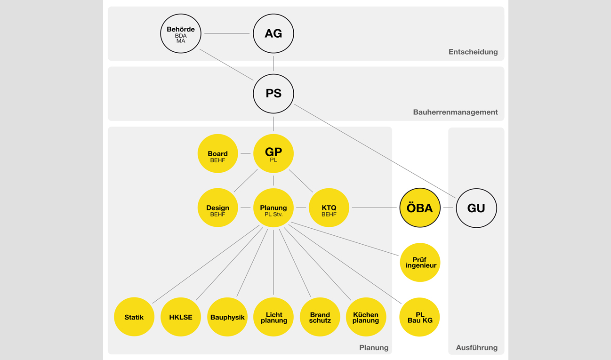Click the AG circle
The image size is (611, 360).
pyautogui.click(x=273, y=33)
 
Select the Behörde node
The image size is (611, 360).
pyautogui.click(x=181, y=33)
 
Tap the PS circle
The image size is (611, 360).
pyautogui.click(x=273, y=94)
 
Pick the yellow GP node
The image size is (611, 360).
pyautogui.click(x=273, y=153)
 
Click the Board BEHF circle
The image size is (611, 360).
pyautogui.click(x=217, y=153)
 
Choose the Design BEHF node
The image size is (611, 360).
pyautogui.click(x=217, y=208)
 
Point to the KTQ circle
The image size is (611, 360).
pyautogui.click(x=329, y=208)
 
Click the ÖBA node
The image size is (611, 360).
pyautogui.click(x=420, y=208)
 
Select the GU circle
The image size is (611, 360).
pyautogui.click(x=476, y=208)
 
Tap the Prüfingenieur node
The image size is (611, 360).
pyautogui.click(x=420, y=263)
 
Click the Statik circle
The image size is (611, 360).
pyautogui.click(x=134, y=317)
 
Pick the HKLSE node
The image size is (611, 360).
pyautogui.click(x=181, y=317)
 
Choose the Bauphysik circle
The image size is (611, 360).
pyautogui.click(x=227, y=317)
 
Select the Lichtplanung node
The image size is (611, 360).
pyautogui.click(x=273, y=317)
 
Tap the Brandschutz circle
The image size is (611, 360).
pyautogui.click(x=320, y=317)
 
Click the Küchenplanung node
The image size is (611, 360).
pyautogui.click(x=366, y=317)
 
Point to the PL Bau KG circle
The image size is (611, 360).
pyautogui.click(x=419, y=317)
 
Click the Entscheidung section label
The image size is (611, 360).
pyautogui.click(x=473, y=52)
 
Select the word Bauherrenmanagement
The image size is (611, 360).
pyautogui.click(x=455, y=112)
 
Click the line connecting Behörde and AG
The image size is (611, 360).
pyautogui.click(x=227, y=33)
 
